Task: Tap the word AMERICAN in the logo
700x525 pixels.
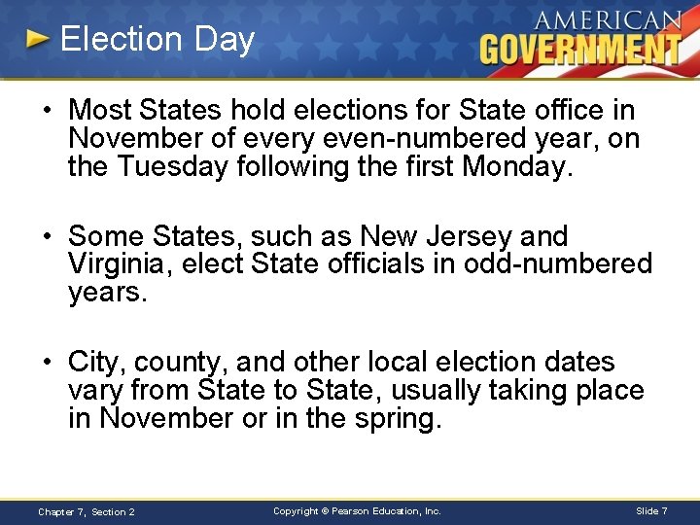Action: point(607,18)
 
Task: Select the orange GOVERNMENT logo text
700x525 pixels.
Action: point(581,48)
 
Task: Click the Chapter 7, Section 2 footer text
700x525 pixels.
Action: point(86,511)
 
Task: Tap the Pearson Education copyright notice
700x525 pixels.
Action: point(357,510)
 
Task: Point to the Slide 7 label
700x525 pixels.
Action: point(650,510)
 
